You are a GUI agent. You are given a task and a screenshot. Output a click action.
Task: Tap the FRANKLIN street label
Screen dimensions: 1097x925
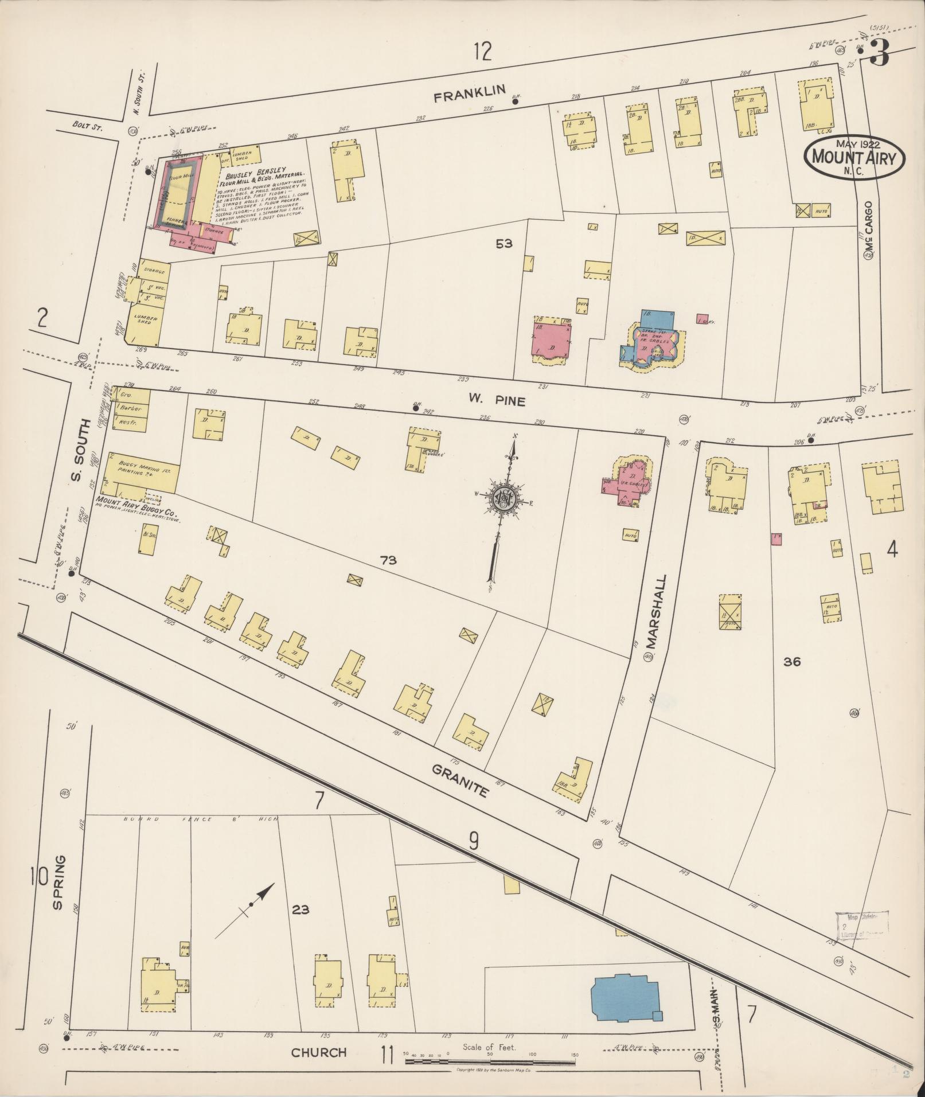(469, 93)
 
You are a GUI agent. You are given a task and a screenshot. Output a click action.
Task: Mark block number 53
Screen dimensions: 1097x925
(504, 244)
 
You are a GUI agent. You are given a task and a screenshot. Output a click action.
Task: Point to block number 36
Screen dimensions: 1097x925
(792, 662)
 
